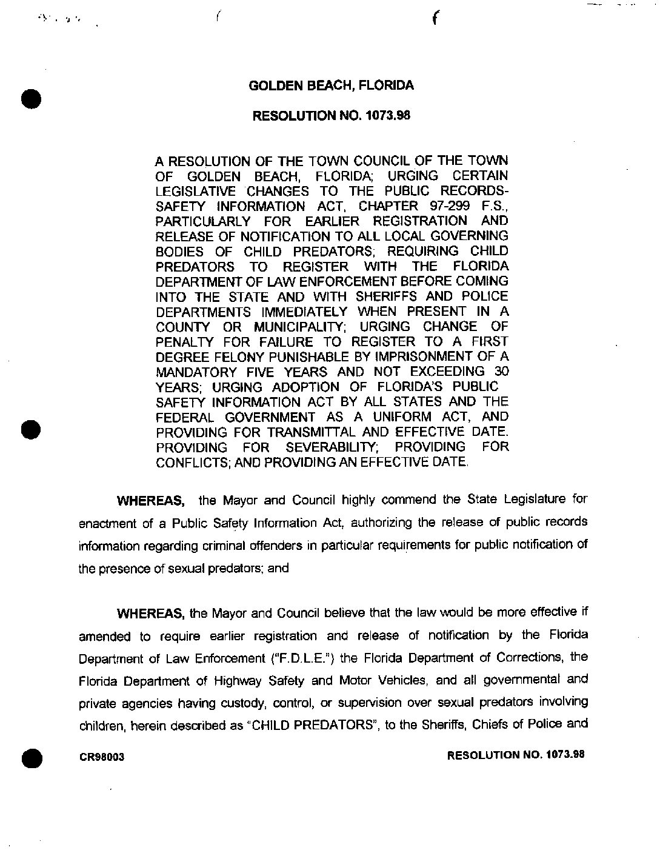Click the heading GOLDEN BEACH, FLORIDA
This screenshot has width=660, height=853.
[x=332, y=85]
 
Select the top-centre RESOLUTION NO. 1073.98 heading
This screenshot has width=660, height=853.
[x=331, y=115]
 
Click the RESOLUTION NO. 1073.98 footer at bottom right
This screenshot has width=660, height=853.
[x=516, y=755]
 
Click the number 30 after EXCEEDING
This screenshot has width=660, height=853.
[x=501, y=372]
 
